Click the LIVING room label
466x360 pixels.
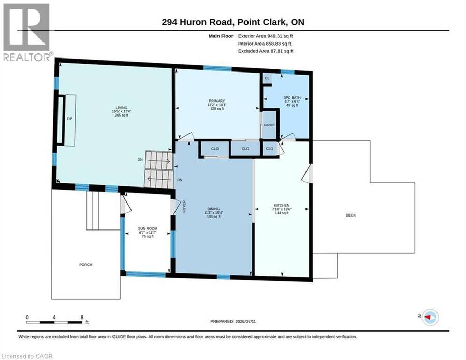[122, 108]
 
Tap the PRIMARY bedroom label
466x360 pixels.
[216, 101]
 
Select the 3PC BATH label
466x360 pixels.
[292, 97]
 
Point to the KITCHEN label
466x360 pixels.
[282, 206]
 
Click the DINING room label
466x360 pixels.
[213, 209]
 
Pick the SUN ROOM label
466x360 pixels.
[148, 228]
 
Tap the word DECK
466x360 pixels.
[351, 215]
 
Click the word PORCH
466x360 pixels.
[85, 265]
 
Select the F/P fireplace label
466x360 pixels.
[69, 119]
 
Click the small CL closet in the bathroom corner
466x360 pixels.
[267, 78]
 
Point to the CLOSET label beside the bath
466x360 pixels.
[269, 125]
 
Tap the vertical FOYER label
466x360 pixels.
[184, 206]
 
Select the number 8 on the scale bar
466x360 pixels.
[82, 317]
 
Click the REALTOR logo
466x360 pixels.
[27, 32]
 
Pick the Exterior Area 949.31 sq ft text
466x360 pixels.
[266, 36]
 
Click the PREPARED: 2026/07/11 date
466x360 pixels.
[233, 321]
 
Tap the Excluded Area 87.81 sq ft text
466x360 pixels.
[266, 51]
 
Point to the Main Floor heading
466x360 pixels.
[221, 36]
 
